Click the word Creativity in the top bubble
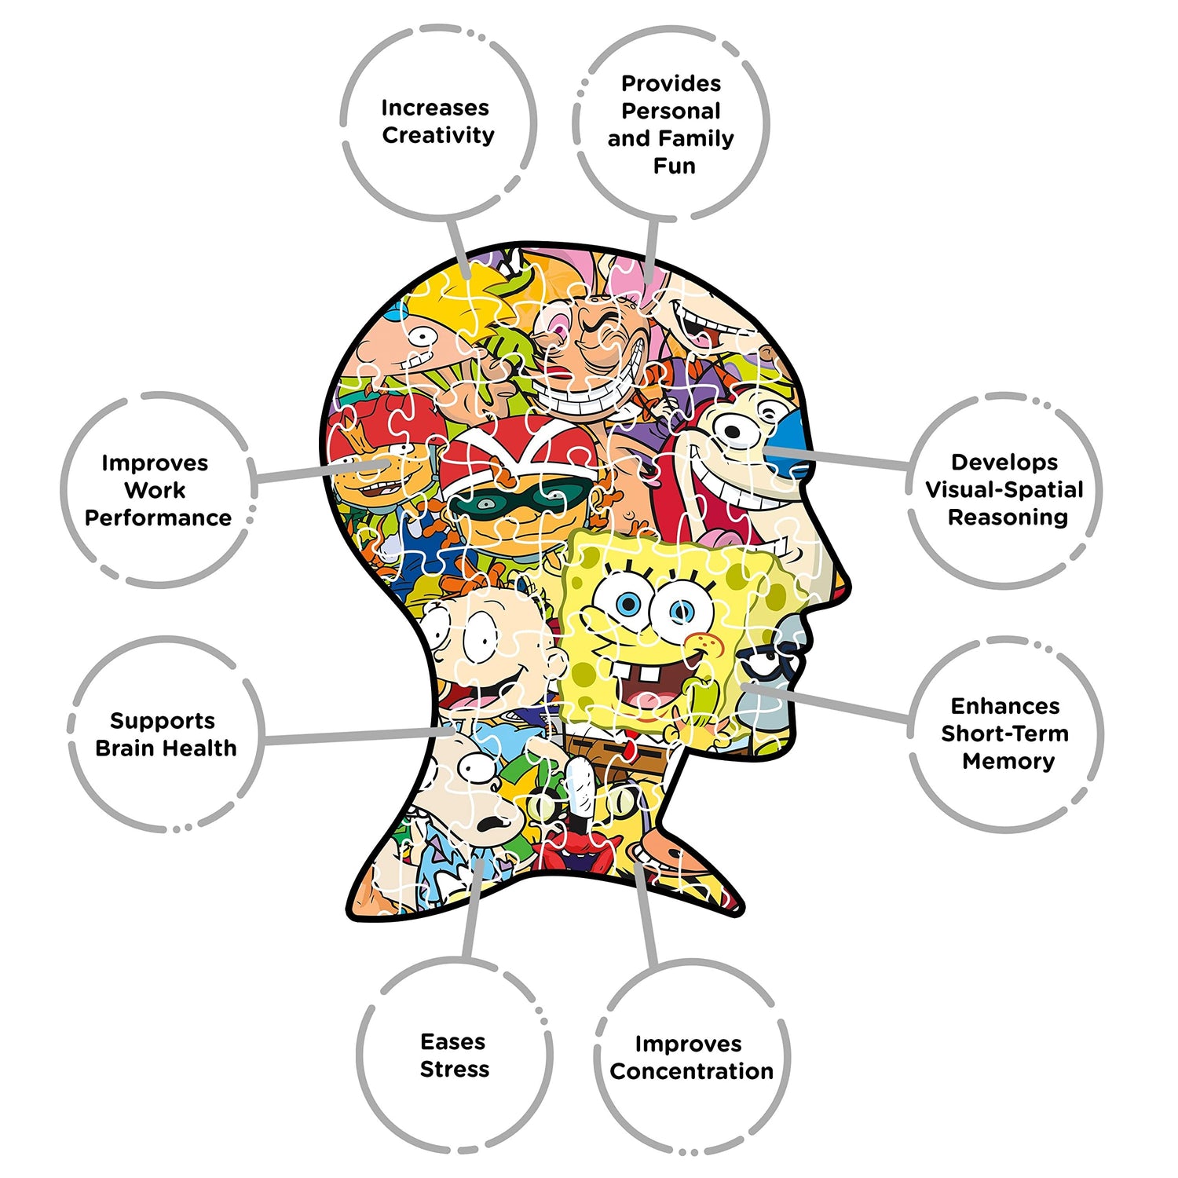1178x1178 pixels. (438, 135)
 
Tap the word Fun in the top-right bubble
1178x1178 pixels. (674, 166)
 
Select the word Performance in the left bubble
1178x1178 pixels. (158, 518)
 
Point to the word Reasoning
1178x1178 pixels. (1008, 518)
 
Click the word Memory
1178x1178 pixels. (1008, 761)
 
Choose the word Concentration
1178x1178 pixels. (691, 1071)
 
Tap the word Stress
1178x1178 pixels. (455, 1070)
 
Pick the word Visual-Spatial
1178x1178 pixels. (1004, 490)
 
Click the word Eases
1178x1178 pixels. (453, 1042)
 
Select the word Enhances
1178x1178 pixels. (1005, 706)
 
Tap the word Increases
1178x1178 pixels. (435, 108)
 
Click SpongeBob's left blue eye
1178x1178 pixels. (626, 604)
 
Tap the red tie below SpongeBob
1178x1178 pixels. (629, 747)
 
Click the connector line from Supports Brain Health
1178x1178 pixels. (353, 736)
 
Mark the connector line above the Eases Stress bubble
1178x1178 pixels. (471, 911)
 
